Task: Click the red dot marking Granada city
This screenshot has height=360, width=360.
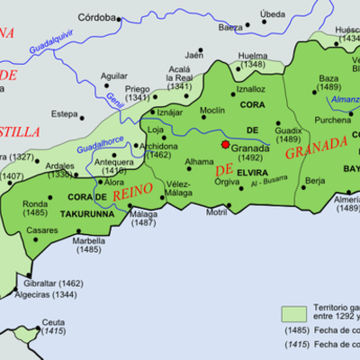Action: pos(225,143)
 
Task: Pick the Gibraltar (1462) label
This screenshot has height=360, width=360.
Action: pos(56,283)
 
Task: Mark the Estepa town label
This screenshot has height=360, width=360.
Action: pos(64,114)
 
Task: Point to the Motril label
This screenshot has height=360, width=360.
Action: pos(217,212)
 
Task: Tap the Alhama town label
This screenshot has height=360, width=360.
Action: pos(200,162)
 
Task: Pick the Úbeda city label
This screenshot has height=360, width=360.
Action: pos(272,14)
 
